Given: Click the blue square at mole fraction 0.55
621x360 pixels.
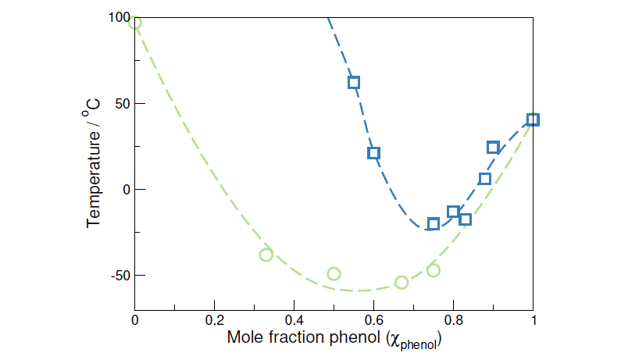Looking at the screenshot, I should tap(354, 82).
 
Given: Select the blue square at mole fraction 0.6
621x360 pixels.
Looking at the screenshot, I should tap(373, 153).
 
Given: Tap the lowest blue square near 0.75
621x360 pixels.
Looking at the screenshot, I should tap(434, 224).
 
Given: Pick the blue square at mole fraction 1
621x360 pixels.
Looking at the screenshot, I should tap(534, 119).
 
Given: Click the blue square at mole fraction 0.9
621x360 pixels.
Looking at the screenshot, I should tap(493, 147).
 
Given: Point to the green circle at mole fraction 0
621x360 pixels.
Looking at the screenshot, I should tap(134, 22).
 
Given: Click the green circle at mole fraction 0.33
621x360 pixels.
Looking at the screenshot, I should tap(266, 255).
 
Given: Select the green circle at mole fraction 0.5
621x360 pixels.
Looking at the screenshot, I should tap(334, 273).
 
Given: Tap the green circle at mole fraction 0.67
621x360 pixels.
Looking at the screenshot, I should tap(402, 282).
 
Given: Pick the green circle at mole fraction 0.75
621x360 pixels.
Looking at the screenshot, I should tap(434, 270).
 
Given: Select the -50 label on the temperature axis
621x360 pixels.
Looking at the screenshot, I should tap(117, 275).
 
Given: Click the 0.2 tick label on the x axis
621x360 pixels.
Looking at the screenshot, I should tap(214, 321).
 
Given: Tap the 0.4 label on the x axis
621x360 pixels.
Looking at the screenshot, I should tap(294, 321).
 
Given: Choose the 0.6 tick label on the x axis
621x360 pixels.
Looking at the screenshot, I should tap(373, 321).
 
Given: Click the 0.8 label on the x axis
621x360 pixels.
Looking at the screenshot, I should tap(453, 321).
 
